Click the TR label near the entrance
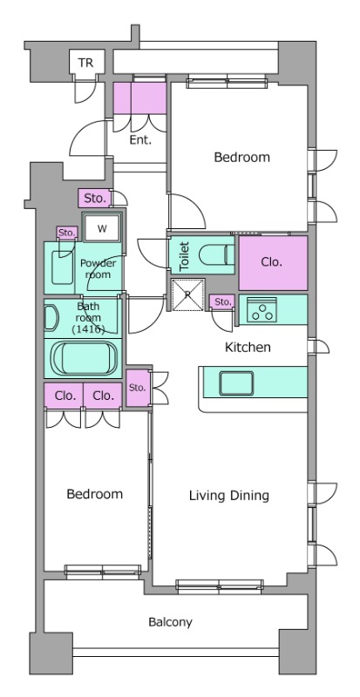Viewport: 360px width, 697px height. (86, 63)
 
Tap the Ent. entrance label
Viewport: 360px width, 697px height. (140, 140)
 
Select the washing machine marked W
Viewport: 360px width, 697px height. (102, 229)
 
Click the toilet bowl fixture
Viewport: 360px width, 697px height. (216, 255)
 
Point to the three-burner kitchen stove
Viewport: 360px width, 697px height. (262, 309)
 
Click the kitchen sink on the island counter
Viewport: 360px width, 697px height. (236, 383)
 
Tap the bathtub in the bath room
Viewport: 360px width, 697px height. (84, 358)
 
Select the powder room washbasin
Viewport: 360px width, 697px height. (62, 267)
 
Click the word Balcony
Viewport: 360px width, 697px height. (171, 622)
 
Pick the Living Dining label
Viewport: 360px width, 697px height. (229, 496)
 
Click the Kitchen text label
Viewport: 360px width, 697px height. (248, 347)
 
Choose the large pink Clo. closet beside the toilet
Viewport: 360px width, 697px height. (273, 263)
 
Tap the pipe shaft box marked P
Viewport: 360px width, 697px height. (187, 294)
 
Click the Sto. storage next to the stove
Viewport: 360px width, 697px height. (222, 302)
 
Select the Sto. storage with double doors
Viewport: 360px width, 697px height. (138, 388)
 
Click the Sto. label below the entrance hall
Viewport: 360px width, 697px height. (94, 199)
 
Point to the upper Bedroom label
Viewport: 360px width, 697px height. (242, 157)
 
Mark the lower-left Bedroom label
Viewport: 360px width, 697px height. (95, 494)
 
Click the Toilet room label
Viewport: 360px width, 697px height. (185, 256)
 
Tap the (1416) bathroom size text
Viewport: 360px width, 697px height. (88, 329)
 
